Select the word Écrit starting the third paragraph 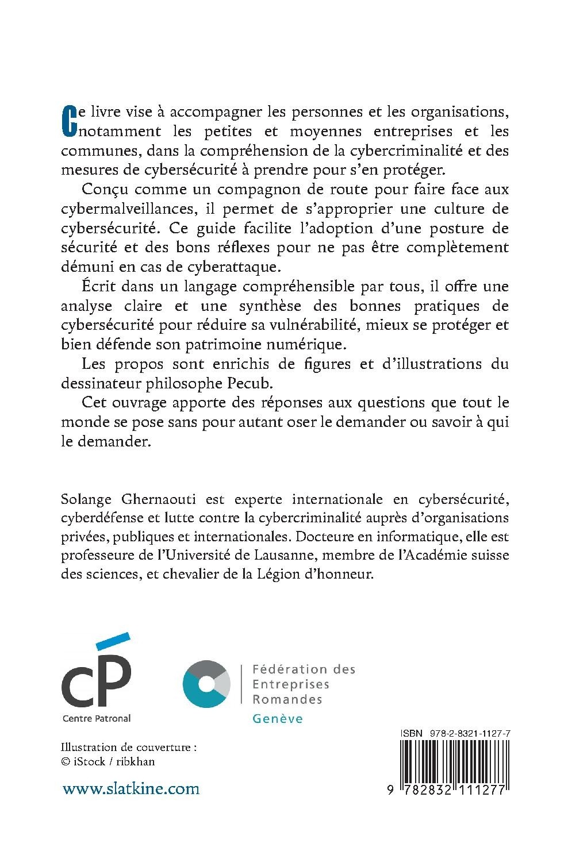(x=101, y=286)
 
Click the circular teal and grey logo (x=206, y=684)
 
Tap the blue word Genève (x=278, y=718)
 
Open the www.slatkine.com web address (x=131, y=788)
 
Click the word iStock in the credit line (x=90, y=762)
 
